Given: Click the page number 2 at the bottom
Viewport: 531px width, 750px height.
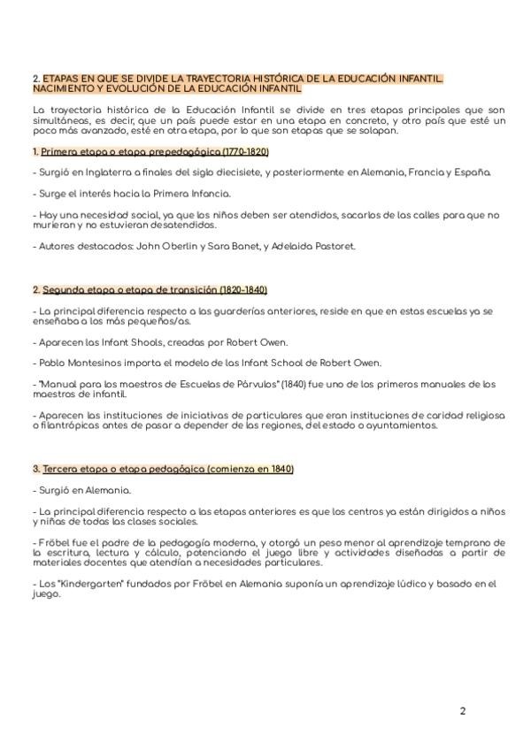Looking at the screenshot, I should [x=462, y=710].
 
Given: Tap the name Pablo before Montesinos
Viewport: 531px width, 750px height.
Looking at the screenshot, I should [x=47, y=363].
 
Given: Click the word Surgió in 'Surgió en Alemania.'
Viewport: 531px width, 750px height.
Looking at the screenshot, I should [x=53, y=489].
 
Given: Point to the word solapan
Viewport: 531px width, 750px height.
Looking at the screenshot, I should [x=376, y=131].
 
